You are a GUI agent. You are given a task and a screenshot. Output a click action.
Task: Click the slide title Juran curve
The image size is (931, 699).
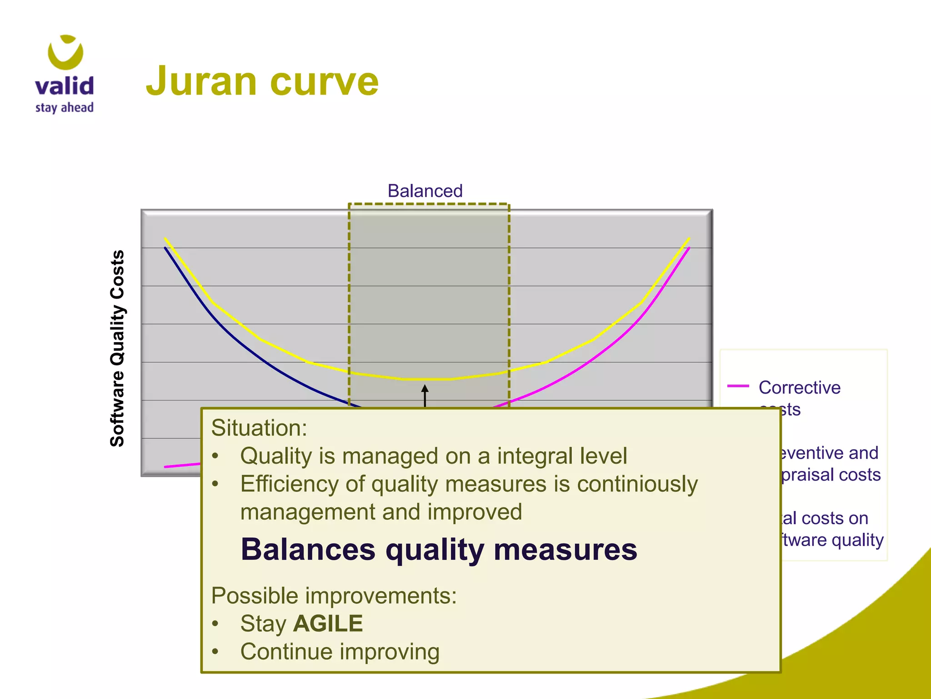click(x=262, y=81)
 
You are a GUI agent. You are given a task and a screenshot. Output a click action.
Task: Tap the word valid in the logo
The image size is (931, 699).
click(x=64, y=86)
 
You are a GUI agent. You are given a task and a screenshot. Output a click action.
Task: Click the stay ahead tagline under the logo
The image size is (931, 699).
click(x=65, y=108)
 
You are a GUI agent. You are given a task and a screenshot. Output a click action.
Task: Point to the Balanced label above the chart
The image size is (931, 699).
click(x=425, y=191)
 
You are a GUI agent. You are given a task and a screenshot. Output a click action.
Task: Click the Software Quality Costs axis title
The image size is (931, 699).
click(x=117, y=348)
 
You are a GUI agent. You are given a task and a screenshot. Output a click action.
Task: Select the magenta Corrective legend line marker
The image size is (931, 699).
click(x=738, y=386)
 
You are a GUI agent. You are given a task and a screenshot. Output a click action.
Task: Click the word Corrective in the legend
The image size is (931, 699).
click(x=800, y=387)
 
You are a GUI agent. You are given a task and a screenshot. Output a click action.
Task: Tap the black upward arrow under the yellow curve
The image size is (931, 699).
click(x=425, y=395)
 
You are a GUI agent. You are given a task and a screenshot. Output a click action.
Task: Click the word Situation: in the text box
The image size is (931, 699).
click(x=259, y=428)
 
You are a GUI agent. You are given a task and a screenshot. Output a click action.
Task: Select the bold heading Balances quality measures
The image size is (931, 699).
click(x=439, y=549)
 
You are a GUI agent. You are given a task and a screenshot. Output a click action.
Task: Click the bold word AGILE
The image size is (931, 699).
click(x=328, y=623)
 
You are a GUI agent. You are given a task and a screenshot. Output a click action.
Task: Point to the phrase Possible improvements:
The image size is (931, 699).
click(x=334, y=595)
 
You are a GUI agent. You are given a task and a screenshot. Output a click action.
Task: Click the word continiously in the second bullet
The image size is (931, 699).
click(x=637, y=484)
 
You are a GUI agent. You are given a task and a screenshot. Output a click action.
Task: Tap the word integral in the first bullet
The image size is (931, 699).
click(x=528, y=456)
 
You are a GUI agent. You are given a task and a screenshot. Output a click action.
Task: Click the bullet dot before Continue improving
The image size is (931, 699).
click(x=215, y=652)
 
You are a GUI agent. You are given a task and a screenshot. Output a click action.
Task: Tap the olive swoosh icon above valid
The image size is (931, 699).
click(x=65, y=51)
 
